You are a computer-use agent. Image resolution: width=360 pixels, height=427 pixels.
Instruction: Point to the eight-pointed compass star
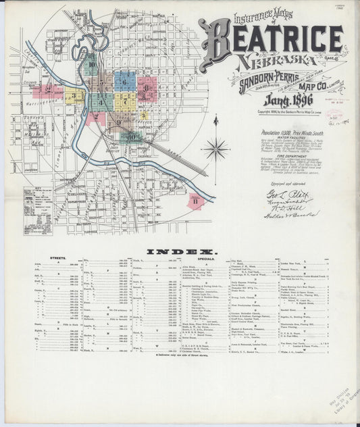click(216, 147)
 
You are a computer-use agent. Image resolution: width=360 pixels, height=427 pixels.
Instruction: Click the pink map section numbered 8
click(147, 88)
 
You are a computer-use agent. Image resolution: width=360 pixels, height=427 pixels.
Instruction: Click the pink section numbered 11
click(195, 201)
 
